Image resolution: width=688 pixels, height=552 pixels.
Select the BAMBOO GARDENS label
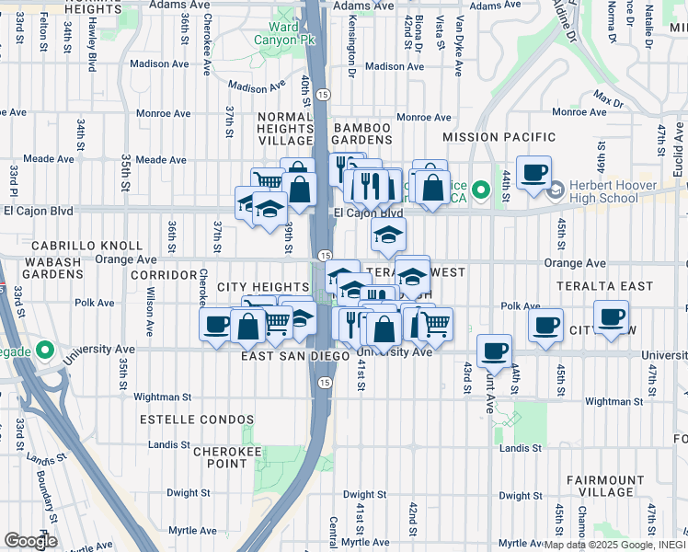pyautogui.click(x=362, y=134)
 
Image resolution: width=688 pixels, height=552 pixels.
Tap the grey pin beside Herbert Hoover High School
pyautogui.click(x=555, y=191)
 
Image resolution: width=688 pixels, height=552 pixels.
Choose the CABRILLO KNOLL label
pyautogui.click(x=87, y=246)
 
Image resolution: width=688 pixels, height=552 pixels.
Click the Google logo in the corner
pyautogui.click(x=31, y=541)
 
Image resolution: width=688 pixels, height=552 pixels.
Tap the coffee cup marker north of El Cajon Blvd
pyautogui.click(x=533, y=172)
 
